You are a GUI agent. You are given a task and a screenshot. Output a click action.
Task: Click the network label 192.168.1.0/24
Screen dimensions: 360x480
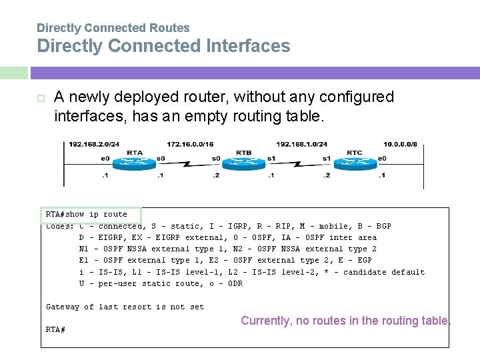click(x=301, y=143)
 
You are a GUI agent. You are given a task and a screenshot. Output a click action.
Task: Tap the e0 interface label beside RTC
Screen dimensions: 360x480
click(x=381, y=158)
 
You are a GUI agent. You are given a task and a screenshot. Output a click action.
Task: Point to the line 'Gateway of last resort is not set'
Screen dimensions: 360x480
click(x=125, y=307)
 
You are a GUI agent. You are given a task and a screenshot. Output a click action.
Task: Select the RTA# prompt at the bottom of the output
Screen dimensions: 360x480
click(x=55, y=329)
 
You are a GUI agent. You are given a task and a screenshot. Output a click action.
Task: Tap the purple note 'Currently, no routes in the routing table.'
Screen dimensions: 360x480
click(x=345, y=321)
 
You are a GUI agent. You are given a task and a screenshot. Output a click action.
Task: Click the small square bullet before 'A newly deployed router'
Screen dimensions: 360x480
click(x=40, y=98)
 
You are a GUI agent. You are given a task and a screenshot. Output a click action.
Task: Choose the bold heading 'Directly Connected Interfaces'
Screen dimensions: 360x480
click(x=163, y=46)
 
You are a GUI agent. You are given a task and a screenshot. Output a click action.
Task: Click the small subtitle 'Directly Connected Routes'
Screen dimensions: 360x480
click(x=113, y=28)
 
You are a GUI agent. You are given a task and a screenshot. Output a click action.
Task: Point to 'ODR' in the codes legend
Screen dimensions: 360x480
click(x=235, y=283)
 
